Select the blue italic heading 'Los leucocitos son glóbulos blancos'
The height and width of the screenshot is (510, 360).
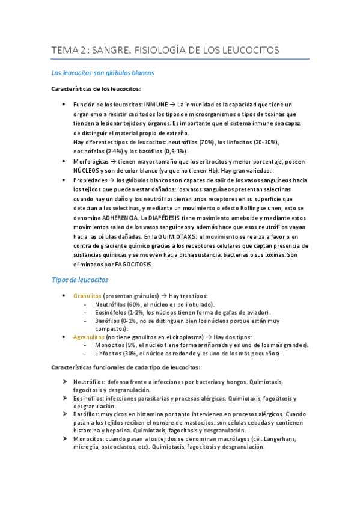pyautogui.click(x=102, y=73)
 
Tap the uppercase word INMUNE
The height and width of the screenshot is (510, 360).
pyautogui.click(x=156, y=105)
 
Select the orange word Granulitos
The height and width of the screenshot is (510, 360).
pyautogui.click(x=87, y=296)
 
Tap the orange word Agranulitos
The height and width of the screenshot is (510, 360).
pyautogui.click(x=89, y=337)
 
